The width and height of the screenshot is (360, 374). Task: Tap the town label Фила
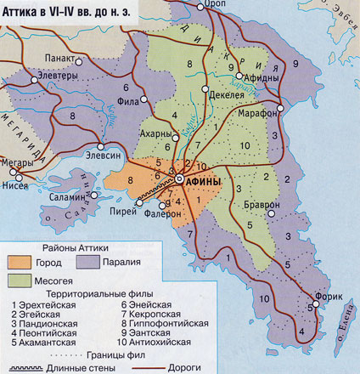[129, 100]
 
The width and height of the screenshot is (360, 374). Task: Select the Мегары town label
[19, 164]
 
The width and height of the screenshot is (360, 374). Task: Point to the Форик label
[329, 297]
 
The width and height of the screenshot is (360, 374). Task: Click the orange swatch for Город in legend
[24, 262]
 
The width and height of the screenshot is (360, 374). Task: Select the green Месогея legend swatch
[24, 279]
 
